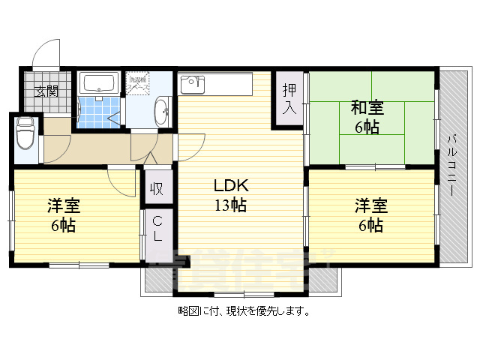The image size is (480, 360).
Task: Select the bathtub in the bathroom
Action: [97, 82]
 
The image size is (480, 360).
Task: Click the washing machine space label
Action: [137, 83]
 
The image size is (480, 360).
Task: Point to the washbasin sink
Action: [160, 113]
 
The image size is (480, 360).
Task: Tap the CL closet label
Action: [157, 229]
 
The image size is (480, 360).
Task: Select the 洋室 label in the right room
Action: [370, 205]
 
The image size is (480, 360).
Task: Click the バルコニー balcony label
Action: [452, 165]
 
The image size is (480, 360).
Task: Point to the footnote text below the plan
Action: [244, 310]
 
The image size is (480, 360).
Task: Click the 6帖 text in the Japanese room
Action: [367, 127]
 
